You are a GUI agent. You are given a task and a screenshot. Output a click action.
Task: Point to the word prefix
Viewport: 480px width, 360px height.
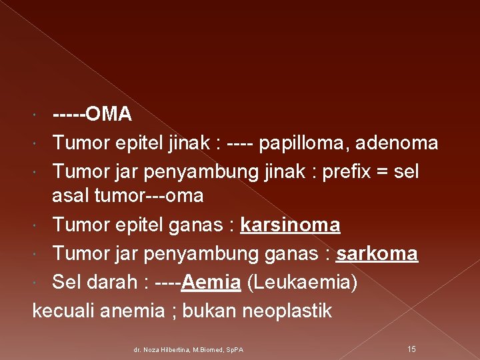(346, 171)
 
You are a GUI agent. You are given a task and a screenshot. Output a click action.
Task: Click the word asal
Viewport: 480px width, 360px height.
(72, 196)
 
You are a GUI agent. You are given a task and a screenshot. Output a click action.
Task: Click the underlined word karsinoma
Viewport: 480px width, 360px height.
(290, 226)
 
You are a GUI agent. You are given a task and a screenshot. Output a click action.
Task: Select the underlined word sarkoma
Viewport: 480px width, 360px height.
(377, 254)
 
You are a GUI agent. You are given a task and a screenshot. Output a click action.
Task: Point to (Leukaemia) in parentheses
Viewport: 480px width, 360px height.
(302, 283)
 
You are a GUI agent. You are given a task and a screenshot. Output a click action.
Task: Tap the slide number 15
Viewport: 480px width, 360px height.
(411, 349)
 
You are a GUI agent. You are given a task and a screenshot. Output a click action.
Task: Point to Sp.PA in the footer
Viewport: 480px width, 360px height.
(233, 349)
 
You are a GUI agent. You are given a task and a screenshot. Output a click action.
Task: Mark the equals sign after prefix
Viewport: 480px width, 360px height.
(383, 172)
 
